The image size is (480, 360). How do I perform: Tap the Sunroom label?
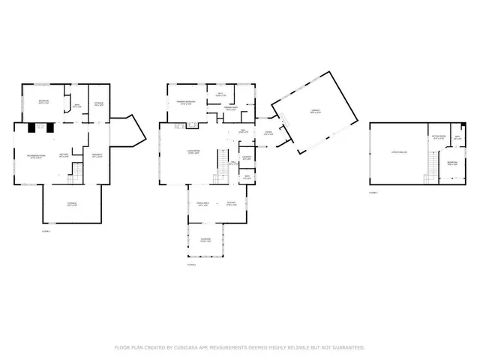pos(205,240)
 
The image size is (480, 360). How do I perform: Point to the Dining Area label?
pos(202,204)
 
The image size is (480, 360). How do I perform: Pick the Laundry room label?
pos(246,157)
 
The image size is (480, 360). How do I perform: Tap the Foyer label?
pos(268,134)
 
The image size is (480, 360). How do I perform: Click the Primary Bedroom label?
pos(184,102)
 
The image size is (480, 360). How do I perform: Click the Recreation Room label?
pos(34,155)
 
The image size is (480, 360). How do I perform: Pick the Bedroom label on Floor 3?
pos(452,163)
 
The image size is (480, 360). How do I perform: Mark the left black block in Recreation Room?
pos(32,127)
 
